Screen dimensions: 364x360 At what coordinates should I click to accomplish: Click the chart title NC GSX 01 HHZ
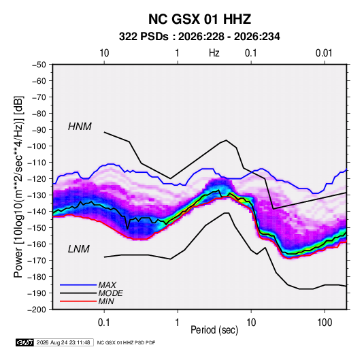point(199,19)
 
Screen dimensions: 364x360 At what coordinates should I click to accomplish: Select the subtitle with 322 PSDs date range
point(199,37)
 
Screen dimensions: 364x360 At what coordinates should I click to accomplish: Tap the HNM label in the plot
point(80,127)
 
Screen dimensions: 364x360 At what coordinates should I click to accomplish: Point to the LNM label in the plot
point(79,249)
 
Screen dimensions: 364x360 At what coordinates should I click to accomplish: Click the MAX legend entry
point(107,284)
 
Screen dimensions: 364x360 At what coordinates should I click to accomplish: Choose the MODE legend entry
point(110,293)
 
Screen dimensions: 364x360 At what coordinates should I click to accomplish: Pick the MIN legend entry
point(106,301)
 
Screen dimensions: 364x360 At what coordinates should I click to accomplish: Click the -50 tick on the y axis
point(39,65)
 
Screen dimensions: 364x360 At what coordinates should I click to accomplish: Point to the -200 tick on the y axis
point(37,310)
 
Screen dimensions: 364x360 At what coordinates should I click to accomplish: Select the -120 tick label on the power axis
point(37,179)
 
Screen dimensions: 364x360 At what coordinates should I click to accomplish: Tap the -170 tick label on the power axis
point(37,261)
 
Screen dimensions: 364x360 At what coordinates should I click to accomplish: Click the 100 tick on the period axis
point(325,323)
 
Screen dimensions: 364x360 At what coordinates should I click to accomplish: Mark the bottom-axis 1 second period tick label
point(178,323)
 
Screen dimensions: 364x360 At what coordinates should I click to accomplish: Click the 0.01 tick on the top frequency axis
point(324,53)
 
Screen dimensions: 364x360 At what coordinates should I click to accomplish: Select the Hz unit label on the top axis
point(214,53)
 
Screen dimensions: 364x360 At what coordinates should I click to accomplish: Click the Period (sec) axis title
point(214,330)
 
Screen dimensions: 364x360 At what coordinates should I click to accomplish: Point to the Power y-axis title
point(18,186)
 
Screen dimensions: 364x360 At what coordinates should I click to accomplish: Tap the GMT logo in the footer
point(25,342)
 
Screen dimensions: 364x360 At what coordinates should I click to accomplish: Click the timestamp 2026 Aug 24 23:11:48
point(63,342)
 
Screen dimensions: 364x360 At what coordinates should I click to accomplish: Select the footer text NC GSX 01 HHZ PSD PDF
point(126,342)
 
